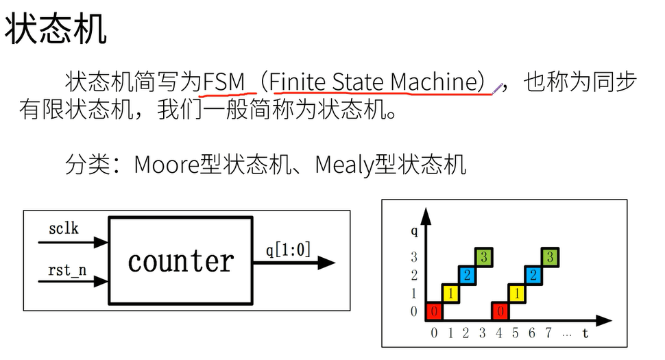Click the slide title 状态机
56,29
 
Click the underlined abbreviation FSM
224,82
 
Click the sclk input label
64,228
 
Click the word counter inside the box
181,261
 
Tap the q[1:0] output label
288,250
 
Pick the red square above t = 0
434,311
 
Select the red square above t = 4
501,311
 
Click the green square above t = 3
484,257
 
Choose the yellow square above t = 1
450,293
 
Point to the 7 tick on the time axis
549,333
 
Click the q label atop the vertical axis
414,231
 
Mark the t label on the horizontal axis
585,333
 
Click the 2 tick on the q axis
413,276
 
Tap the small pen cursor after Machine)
498,88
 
